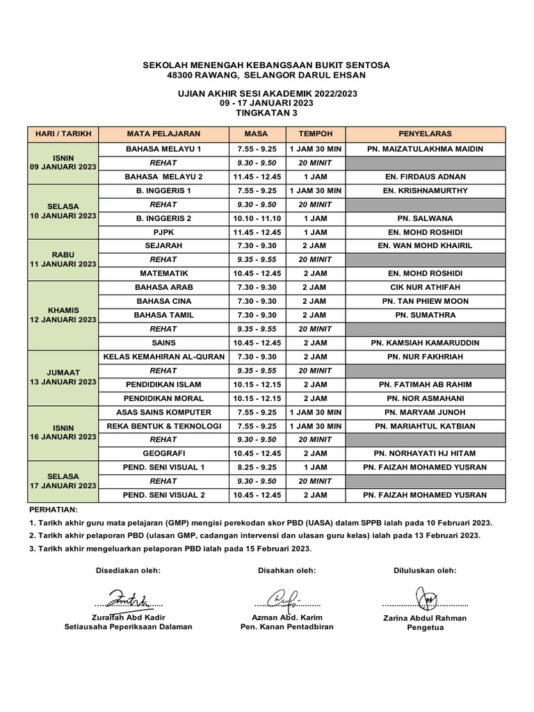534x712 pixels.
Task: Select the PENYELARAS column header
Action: [x=425, y=133]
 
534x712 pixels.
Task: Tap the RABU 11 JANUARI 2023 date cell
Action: [x=63, y=259]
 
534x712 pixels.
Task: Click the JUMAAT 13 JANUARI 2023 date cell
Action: [x=63, y=378]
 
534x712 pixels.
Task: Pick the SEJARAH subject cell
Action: [x=163, y=245]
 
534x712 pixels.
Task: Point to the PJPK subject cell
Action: [x=163, y=232]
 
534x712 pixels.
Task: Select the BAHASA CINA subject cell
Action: [x=163, y=301]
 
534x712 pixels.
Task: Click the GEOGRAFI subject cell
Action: [x=163, y=453]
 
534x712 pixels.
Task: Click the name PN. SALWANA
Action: [x=425, y=218]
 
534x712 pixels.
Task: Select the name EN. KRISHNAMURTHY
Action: [x=425, y=190]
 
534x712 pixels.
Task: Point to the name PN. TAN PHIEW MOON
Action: [x=425, y=301]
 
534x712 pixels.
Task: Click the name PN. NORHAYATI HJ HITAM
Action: [x=425, y=453]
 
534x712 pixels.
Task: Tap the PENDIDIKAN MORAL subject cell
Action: [x=163, y=398]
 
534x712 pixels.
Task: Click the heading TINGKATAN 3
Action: [x=266, y=112]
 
